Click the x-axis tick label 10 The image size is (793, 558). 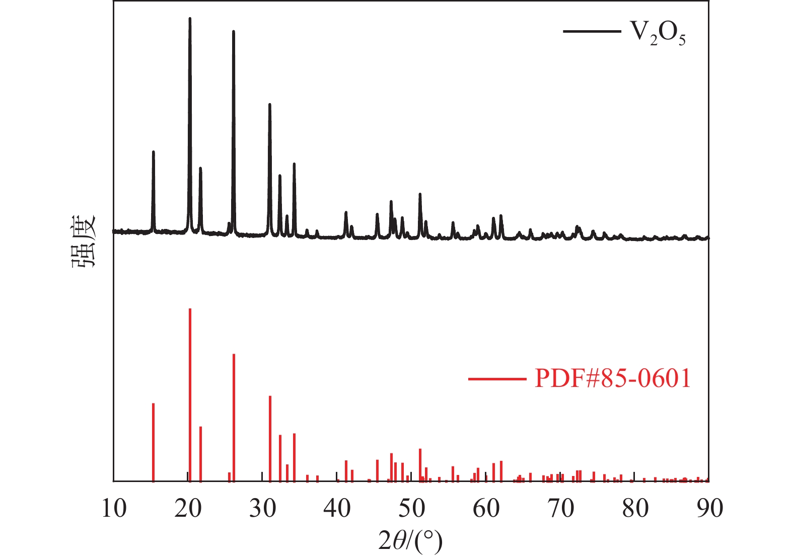[114, 509]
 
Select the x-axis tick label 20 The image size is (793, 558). [188, 509]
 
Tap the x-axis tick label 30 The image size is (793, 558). [263, 509]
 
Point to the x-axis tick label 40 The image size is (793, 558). [337, 509]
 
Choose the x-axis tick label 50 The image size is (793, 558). [411, 509]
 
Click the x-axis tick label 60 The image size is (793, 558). [486, 509]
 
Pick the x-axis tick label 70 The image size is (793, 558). [560, 509]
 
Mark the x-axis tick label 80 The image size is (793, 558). [635, 509]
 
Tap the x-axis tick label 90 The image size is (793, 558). [709, 509]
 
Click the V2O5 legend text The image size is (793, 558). [658, 33]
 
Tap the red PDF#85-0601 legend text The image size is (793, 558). [613, 378]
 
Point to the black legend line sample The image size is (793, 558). [592, 31]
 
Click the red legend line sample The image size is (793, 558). [497, 378]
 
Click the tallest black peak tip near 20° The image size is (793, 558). [190, 19]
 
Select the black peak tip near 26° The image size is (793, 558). [234, 32]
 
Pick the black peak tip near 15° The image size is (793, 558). [153, 152]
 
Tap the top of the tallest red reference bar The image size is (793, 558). [190, 309]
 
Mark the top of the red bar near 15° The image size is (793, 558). [153, 404]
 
